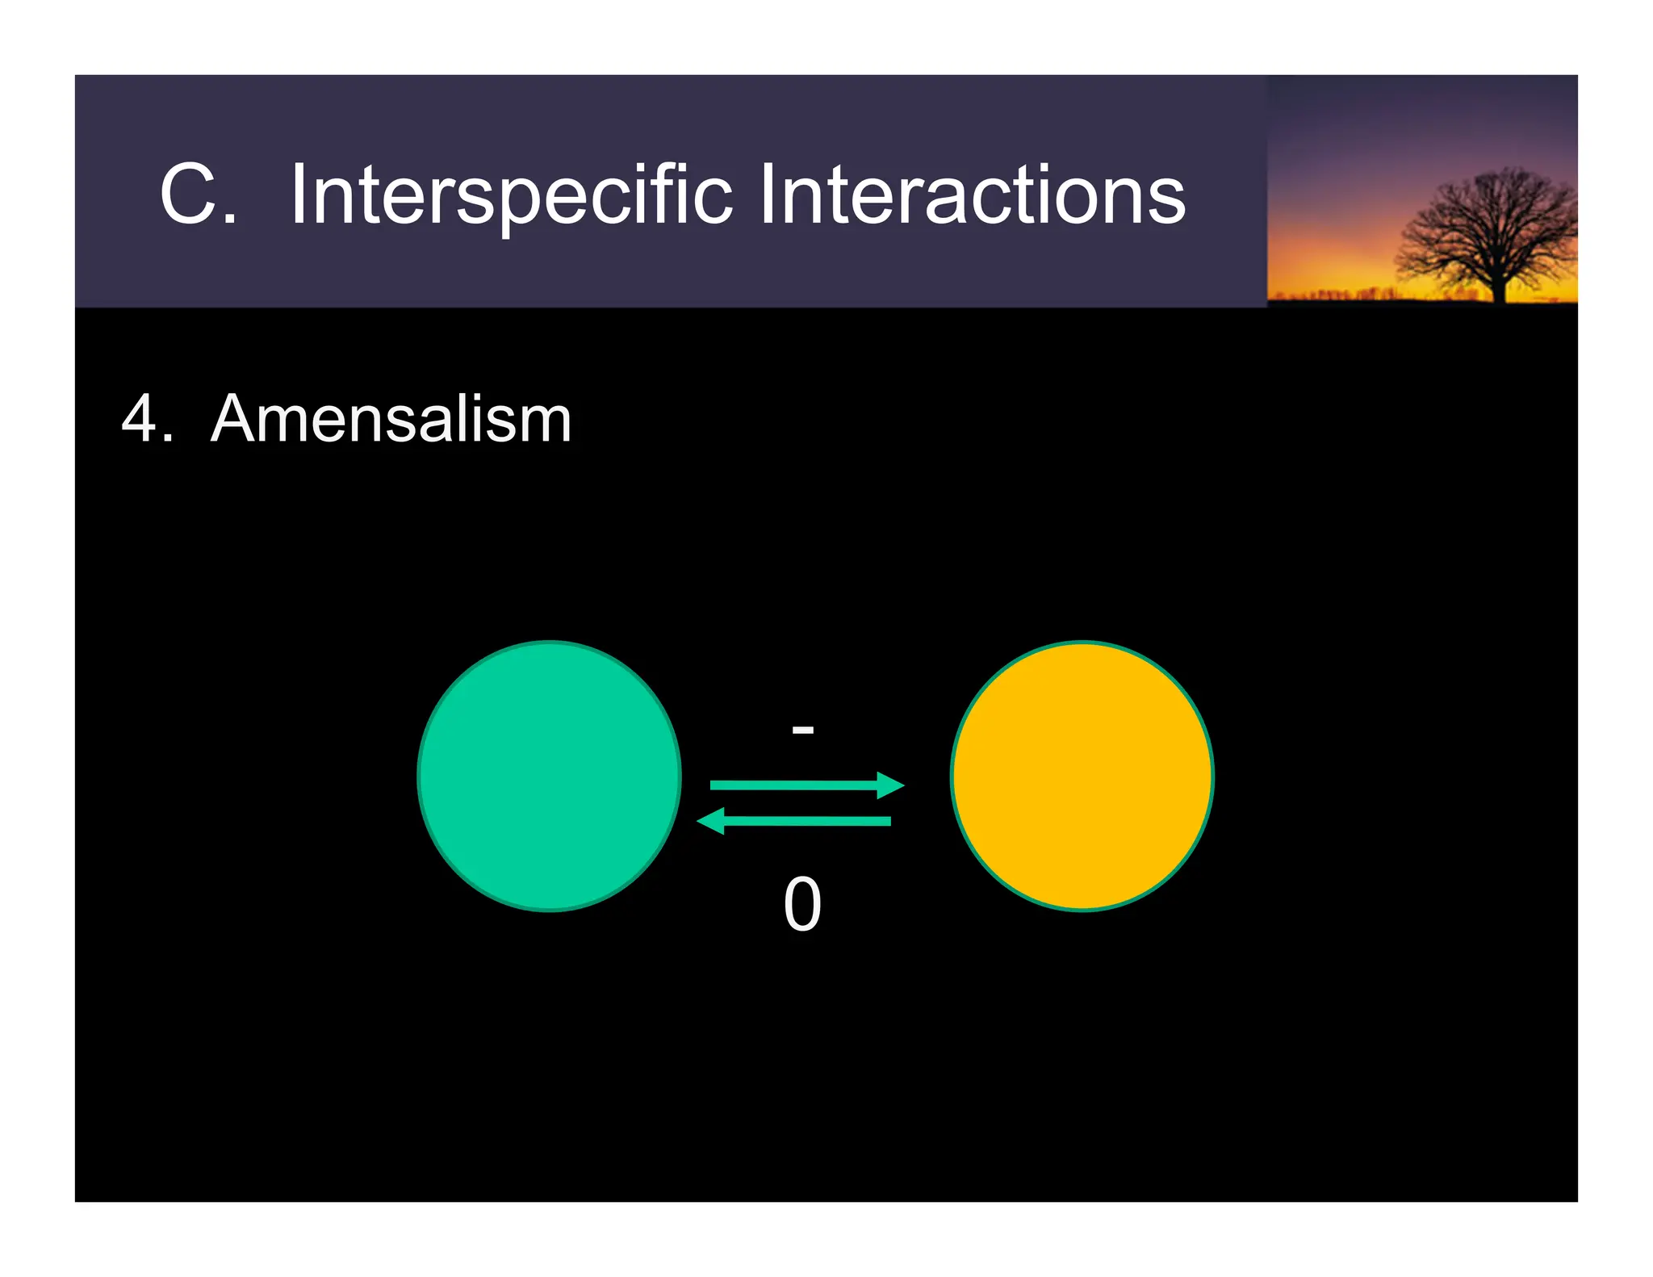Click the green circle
549,776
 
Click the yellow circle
1082,776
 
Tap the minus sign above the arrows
802,730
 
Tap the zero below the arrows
802,905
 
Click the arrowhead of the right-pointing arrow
891,785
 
